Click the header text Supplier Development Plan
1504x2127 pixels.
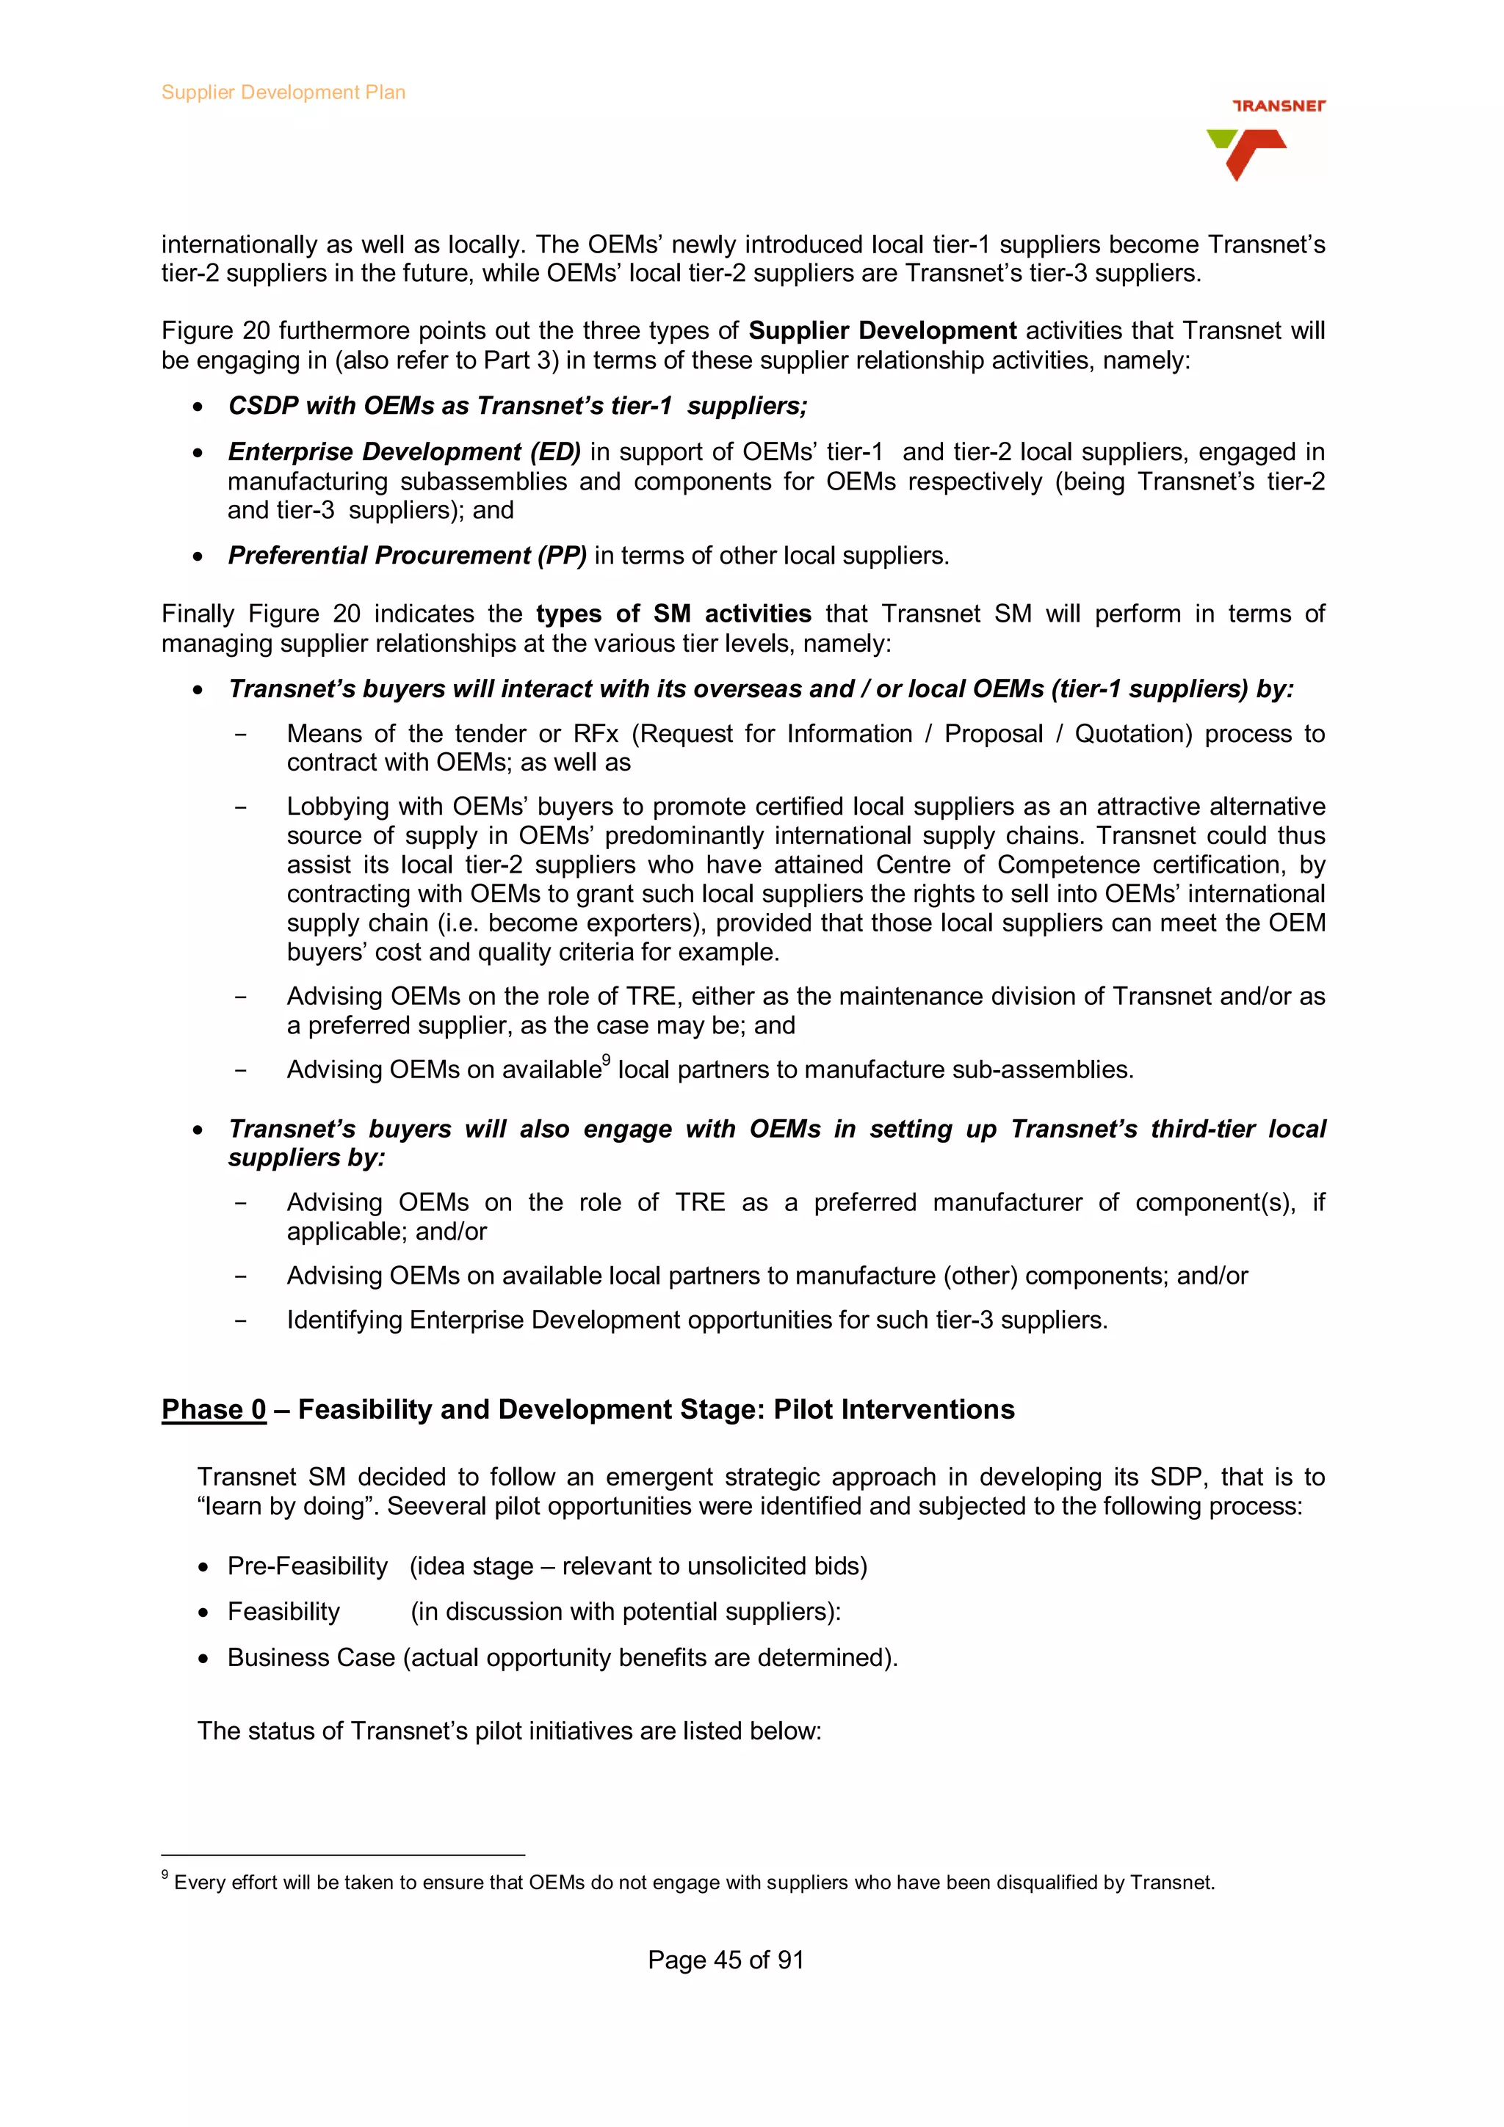click(283, 92)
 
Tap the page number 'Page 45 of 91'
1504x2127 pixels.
click(725, 1960)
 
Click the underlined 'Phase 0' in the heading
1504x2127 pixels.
click(213, 1409)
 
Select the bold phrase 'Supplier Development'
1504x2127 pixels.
click(882, 331)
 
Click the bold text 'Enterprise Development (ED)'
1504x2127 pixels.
click(404, 452)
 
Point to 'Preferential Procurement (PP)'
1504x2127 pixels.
click(407, 556)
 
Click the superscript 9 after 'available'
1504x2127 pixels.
click(606, 1061)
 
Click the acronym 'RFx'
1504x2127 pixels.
click(595, 734)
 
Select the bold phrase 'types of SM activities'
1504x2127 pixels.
click(673, 614)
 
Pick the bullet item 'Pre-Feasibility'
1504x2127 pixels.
click(307, 1566)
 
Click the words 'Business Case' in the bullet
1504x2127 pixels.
click(311, 1657)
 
